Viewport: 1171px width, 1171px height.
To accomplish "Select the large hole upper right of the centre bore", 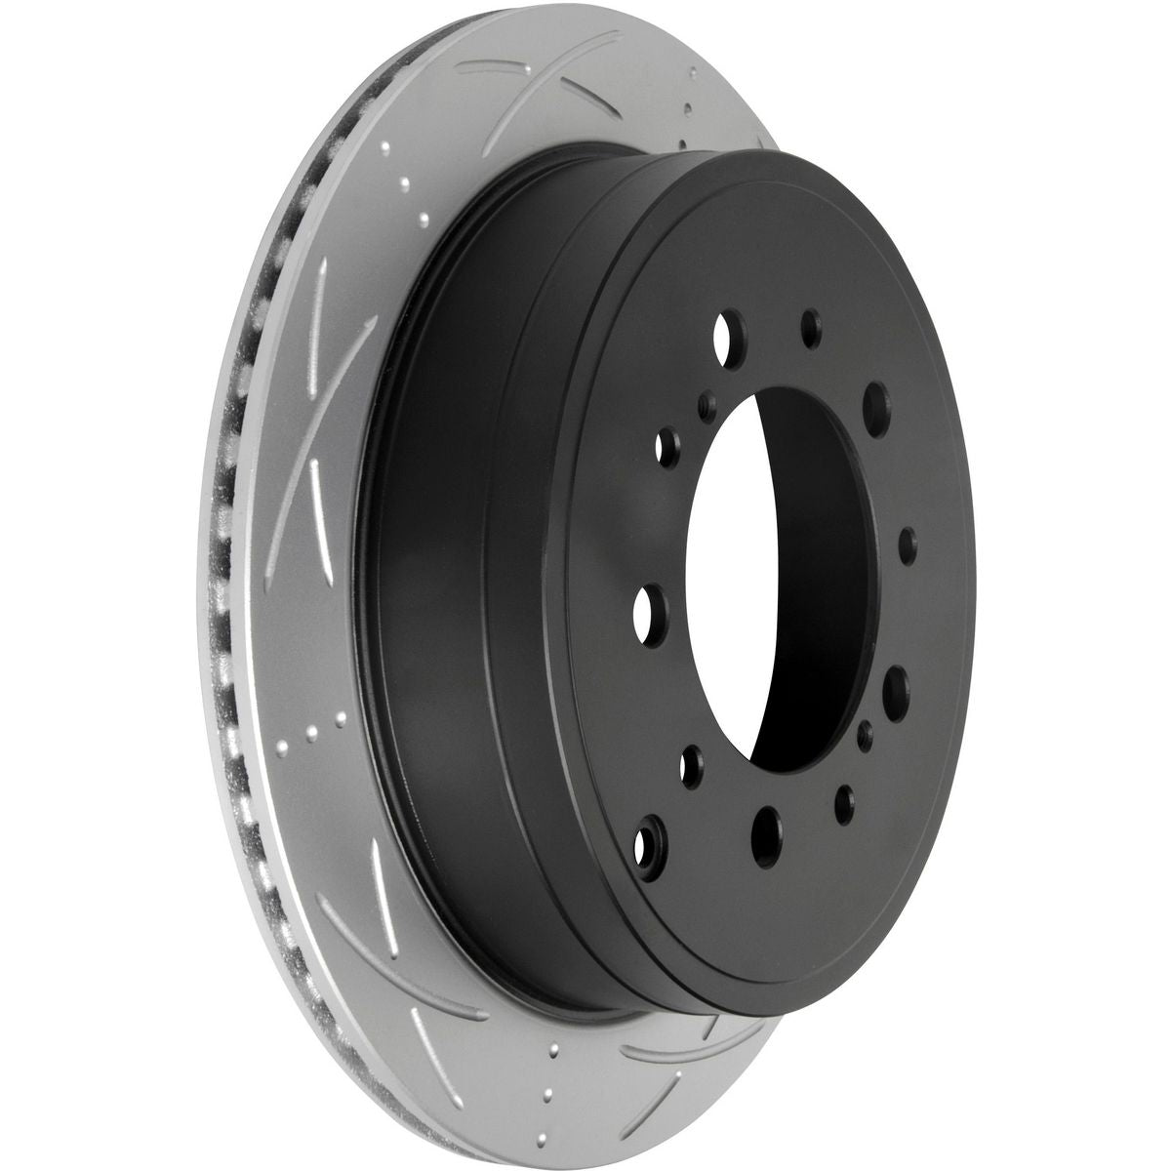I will point(875,400).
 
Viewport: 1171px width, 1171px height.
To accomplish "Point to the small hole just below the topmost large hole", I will point(708,400).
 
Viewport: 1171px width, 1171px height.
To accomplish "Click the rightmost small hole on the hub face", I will point(906,540).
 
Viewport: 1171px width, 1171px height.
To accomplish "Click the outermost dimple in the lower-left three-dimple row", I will point(283,748).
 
